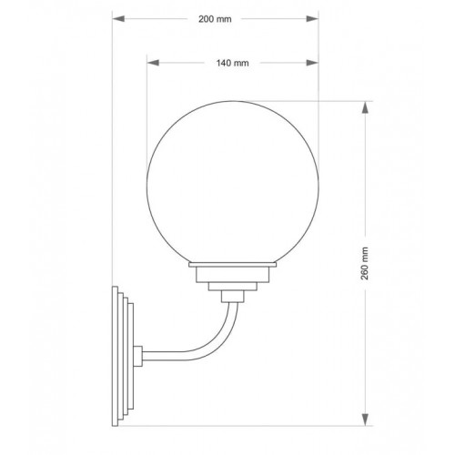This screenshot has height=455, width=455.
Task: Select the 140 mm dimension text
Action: [233, 63]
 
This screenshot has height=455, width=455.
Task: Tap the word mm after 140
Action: [243, 63]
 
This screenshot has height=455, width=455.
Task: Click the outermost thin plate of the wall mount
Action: [115, 356]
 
